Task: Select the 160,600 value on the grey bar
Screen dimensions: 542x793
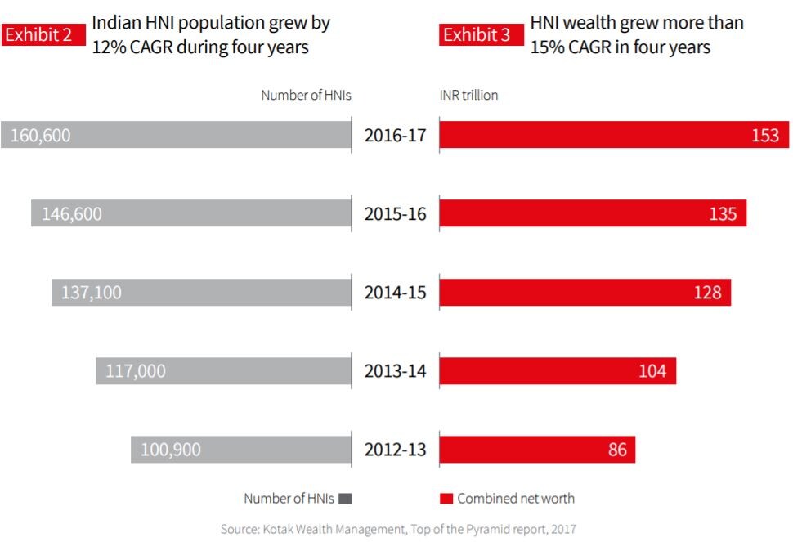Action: pos(40,136)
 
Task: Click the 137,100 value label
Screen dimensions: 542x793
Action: pos(91,293)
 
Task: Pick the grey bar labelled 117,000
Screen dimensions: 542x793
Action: pos(223,371)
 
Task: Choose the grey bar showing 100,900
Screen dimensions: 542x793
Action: pos(241,450)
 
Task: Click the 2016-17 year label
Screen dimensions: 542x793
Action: pos(396,136)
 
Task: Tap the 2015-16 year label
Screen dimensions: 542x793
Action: pos(396,214)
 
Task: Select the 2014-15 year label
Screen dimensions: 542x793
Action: pos(396,293)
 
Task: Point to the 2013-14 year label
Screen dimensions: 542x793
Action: pos(396,371)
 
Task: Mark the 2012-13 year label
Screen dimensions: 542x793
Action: pos(396,450)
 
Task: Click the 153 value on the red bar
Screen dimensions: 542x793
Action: pos(765,136)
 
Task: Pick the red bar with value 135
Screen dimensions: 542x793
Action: pos(593,214)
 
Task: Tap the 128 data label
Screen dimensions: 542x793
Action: pos(707,293)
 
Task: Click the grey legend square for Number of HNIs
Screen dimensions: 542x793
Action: pos(344,498)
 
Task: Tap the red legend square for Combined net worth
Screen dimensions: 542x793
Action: pos(446,498)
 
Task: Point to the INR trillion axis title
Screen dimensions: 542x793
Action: pos(468,95)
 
